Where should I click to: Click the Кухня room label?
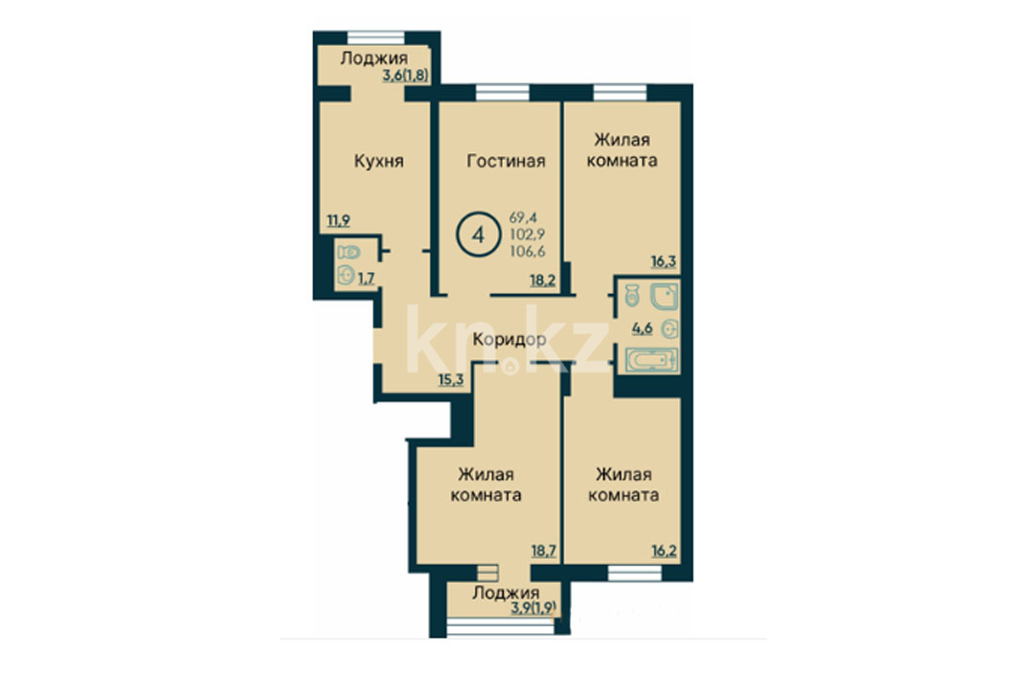(378, 161)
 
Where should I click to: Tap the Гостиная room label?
(506, 161)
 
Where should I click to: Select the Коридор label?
(509, 339)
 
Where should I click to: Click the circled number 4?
(479, 235)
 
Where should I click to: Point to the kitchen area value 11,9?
(338, 220)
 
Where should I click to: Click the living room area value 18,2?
(543, 281)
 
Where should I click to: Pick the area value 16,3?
(664, 261)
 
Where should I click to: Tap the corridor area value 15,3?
(450, 379)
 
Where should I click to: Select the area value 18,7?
(543, 551)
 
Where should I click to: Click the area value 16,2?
(664, 551)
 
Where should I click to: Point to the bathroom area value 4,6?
(642, 328)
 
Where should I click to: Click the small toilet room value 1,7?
(366, 279)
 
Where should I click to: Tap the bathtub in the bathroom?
(652, 360)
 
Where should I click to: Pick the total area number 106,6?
(527, 251)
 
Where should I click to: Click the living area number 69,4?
(523, 217)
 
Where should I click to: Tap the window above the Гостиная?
(503, 93)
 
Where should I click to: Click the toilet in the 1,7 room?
(348, 253)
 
